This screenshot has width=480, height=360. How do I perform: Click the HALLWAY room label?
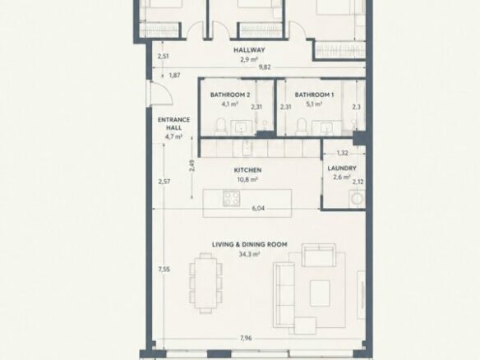[249, 50]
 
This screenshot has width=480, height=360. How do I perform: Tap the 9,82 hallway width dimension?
[265, 67]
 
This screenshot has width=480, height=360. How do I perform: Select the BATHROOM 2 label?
[230, 95]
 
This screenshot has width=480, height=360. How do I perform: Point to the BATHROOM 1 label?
[314, 95]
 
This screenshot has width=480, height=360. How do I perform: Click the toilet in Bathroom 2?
[220, 127]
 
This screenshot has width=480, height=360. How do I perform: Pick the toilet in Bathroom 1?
[301, 127]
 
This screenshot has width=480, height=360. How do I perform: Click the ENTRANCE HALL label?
[174, 123]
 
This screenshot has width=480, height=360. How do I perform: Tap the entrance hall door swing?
[161, 94]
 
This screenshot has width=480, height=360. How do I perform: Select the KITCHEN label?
[247, 170]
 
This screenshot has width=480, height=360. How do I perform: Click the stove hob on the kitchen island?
[232, 198]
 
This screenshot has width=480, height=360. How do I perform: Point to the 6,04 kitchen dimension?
[258, 209]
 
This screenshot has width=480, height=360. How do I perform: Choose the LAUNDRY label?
[342, 168]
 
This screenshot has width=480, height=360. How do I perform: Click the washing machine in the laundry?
[357, 199]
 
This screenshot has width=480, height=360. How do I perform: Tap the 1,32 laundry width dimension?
[342, 153]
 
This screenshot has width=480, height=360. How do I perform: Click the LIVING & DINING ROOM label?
[250, 245]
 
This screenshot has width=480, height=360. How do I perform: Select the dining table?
[205, 281]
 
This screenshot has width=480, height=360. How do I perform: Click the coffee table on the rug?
[320, 293]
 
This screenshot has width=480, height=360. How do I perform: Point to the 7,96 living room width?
[246, 339]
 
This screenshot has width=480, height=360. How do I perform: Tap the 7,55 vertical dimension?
[164, 270]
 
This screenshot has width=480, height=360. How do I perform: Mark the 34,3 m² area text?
[250, 254]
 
